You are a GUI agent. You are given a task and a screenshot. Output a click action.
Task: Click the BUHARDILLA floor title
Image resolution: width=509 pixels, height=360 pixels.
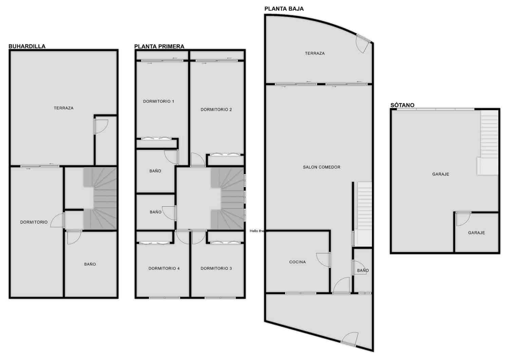pos(27,46)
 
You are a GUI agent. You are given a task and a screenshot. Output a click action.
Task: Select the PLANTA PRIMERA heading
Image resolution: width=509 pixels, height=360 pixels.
pos(159,46)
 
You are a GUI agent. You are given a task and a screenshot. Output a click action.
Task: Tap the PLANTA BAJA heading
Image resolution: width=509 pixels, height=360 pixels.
pos(284,9)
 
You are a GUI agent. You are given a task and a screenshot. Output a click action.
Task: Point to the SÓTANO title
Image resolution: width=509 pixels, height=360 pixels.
pos(402,105)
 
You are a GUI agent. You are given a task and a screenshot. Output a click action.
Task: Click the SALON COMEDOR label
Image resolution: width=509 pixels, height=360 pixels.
pos(321,167)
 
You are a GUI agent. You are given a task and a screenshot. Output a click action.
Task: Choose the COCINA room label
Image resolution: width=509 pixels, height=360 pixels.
pos(297,262)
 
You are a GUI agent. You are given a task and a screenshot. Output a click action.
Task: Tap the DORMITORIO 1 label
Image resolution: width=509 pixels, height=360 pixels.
pos(158,101)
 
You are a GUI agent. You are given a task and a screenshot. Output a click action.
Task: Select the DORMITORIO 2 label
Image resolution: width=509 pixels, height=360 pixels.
pos(216,109)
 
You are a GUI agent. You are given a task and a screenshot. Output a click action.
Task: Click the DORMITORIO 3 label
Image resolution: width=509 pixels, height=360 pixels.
pos(216,268)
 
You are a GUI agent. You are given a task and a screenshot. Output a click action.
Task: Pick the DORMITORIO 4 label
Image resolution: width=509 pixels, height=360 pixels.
pos(164,268)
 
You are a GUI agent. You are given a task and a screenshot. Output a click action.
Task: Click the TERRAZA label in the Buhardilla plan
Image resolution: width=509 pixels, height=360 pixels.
pos(63,108)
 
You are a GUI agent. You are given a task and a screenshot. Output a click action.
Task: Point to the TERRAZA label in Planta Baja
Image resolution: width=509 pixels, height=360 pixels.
pos(315,53)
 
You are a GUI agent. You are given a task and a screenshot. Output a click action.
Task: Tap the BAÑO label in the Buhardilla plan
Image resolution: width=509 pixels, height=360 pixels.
pos(90,264)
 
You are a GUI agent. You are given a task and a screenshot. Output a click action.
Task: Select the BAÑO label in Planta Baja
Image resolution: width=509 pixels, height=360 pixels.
pos(362,270)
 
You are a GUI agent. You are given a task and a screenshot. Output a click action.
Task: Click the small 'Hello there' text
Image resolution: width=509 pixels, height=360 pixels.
pos(257,231)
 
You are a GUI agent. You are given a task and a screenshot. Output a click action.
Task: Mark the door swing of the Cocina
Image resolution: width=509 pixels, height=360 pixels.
pos(323,260)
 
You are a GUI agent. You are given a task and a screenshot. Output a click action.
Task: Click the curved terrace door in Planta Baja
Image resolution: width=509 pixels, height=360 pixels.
pos(362,43)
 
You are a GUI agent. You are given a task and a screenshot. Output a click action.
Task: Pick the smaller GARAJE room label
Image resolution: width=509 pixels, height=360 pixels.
pos(476,233)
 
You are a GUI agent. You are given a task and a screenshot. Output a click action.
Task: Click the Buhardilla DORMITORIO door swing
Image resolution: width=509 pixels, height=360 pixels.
pos(58,221)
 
